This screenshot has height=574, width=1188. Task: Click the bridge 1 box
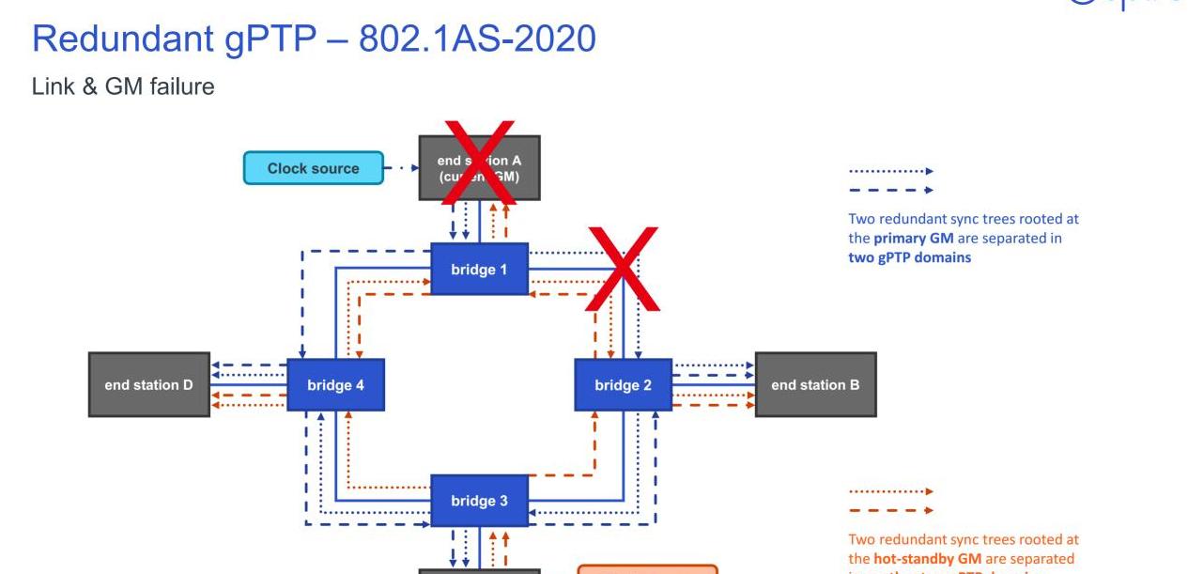(x=479, y=270)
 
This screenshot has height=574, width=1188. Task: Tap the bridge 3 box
(x=479, y=501)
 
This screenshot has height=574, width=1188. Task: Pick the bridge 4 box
(x=335, y=384)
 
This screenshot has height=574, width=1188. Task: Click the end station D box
(x=149, y=384)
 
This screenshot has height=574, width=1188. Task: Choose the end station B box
(x=815, y=384)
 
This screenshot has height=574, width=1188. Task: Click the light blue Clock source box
(x=314, y=168)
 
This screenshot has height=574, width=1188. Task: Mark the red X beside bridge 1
(x=623, y=271)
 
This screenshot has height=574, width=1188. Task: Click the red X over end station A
(x=479, y=162)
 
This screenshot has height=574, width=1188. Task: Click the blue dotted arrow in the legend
(x=890, y=172)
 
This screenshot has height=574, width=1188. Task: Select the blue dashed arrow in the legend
(x=890, y=190)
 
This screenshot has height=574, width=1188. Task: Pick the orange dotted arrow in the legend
(x=890, y=491)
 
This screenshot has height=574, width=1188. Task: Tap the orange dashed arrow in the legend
(x=890, y=510)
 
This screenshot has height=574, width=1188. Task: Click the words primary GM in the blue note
(x=918, y=238)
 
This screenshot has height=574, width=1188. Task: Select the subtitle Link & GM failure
(x=123, y=87)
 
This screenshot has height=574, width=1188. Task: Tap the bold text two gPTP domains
(x=909, y=256)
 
